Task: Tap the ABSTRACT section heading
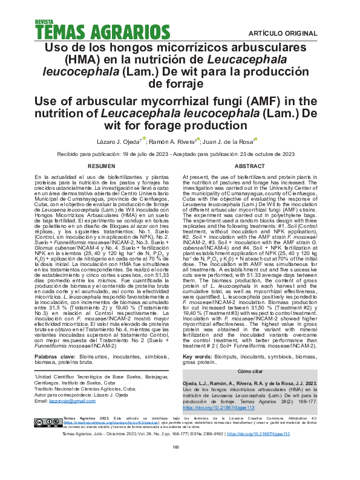click(249, 165)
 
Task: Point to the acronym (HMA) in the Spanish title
click(86, 59)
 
